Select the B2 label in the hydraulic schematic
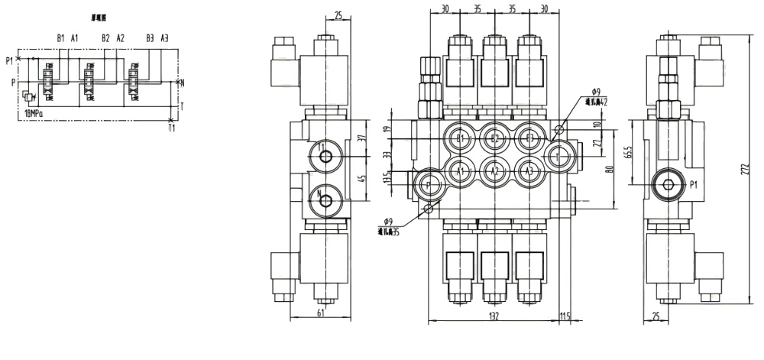(x=105, y=37)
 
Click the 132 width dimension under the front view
(x=494, y=316)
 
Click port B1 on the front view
(x=459, y=138)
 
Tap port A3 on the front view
(x=528, y=170)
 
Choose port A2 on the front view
(x=494, y=170)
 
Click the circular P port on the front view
(x=427, y=184)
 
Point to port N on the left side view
(x=325, y=201)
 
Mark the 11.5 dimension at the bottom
(x=565, y=316)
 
